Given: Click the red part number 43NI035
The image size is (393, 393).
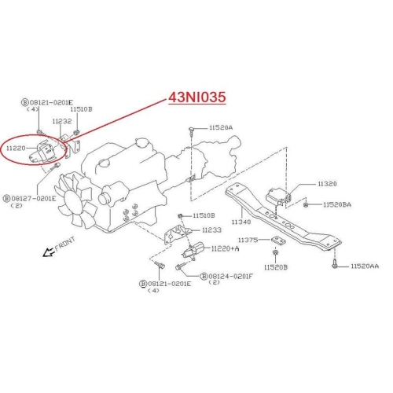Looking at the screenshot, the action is click(197, 97).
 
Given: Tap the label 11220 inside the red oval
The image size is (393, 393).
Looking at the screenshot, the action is click(16, 149).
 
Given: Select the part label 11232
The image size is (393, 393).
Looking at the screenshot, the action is click(62, 121).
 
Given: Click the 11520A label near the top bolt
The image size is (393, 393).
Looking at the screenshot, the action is click(221, 127).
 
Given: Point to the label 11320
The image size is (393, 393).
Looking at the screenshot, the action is click(327, 184).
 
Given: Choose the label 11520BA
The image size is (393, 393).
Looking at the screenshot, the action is click(337, 204).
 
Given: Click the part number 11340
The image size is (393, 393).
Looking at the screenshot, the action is click(241, 222).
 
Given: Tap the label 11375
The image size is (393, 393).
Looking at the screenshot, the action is click(248, 240).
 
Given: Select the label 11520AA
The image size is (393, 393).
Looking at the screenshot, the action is click(365, 266).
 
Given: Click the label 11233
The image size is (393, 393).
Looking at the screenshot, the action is click(211, 230).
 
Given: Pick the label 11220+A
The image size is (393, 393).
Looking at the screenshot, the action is click(225, 248).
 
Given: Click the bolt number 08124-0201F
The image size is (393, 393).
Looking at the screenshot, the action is click(230, 276).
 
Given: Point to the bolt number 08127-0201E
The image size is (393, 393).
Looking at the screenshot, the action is click(34, 198).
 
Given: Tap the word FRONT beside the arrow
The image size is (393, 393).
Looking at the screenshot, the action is click(65, 244).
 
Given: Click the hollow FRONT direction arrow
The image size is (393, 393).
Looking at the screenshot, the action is click(48, 252).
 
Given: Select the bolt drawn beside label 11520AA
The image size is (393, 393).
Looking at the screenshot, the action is click(335, 263).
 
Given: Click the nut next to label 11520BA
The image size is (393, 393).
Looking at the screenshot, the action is click(305, 205).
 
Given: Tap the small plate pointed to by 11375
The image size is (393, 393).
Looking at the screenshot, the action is click(277, 240).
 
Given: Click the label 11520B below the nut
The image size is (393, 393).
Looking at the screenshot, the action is click(276, 267).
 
